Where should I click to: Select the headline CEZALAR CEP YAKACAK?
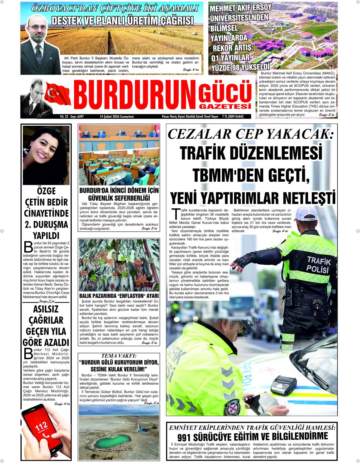point(251,134)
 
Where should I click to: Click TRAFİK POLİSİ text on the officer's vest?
point(319,264)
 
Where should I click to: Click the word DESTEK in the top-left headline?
point(68,20)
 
